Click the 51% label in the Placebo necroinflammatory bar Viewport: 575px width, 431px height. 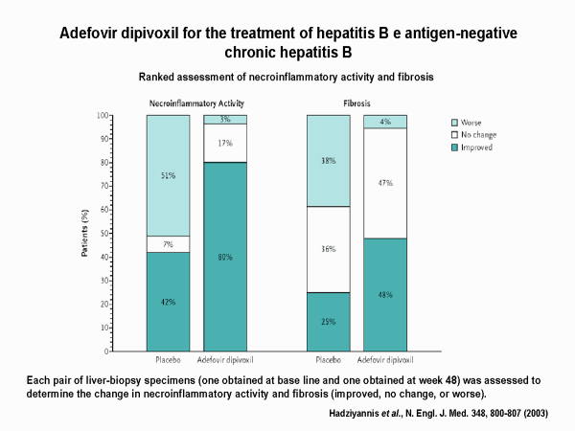tap(169, 175)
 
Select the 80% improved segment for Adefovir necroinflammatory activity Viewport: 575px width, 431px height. tap(223, 258)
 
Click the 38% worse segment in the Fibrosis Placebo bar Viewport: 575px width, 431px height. tap(329, 161)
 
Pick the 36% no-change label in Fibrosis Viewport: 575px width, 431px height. tap(329, 249)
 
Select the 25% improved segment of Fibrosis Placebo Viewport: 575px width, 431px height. tap(329, 322)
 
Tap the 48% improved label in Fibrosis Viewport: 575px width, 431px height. tap(384, 295)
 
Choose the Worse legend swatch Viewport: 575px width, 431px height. tap(456, 123)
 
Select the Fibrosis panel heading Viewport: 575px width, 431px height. tap(356, 102)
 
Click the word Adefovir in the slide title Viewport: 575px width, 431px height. tap(94, 34)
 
